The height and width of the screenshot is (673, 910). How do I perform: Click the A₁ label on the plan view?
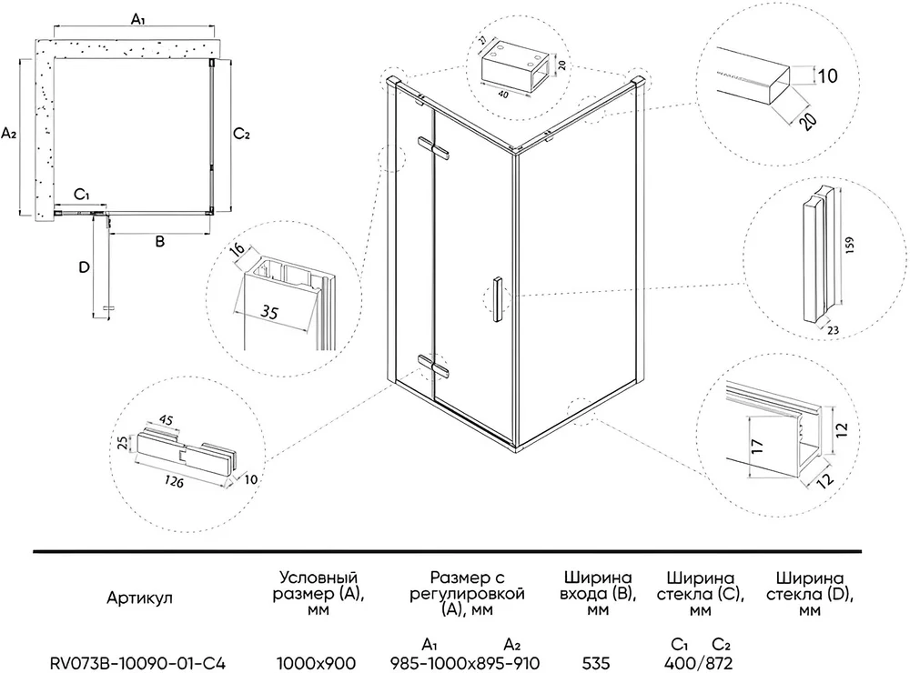[x=137, y=18]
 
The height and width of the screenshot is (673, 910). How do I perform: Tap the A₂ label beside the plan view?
[x=10, y=134]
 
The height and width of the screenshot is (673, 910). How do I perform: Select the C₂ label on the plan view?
[x=241, y=134]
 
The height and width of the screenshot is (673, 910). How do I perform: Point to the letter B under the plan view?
[x=158, y=242]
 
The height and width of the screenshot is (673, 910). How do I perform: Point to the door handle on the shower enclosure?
[x=498, y=297]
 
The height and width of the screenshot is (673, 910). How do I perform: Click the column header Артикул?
[x=138, y=598]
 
